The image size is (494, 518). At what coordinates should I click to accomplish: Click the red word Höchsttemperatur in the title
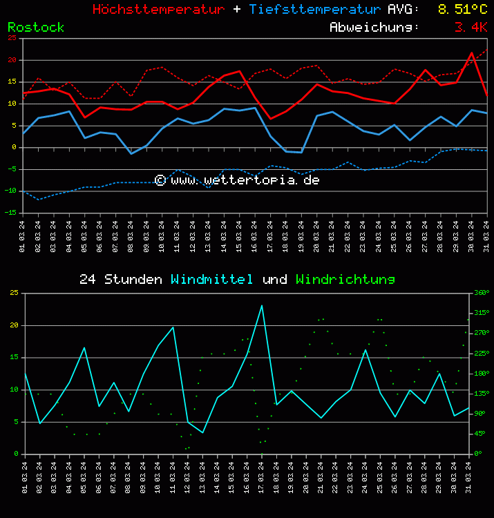click(158, 10)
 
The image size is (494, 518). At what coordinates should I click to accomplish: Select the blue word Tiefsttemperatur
click(315, 10)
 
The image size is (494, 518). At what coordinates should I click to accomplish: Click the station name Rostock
click(36, 28)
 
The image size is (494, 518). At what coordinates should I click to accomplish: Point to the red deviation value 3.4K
click(471, 28)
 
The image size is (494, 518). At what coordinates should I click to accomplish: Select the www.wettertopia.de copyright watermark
click(237, 180)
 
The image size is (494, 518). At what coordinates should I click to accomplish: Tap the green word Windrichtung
click(345, 280)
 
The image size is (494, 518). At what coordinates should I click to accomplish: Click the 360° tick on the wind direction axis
click(480, 293)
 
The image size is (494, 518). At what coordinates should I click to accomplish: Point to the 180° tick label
click(480, 374)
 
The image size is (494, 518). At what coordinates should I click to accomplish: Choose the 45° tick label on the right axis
click(480, 434)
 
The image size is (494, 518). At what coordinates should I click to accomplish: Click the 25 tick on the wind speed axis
click(14, 293)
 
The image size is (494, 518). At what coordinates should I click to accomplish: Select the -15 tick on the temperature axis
click(11, 213)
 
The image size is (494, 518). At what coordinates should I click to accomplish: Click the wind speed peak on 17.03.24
click(262, 305)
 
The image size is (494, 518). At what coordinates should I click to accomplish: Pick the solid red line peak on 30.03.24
click(472, 53)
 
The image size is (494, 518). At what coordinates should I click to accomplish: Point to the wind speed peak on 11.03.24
click(173, 327)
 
